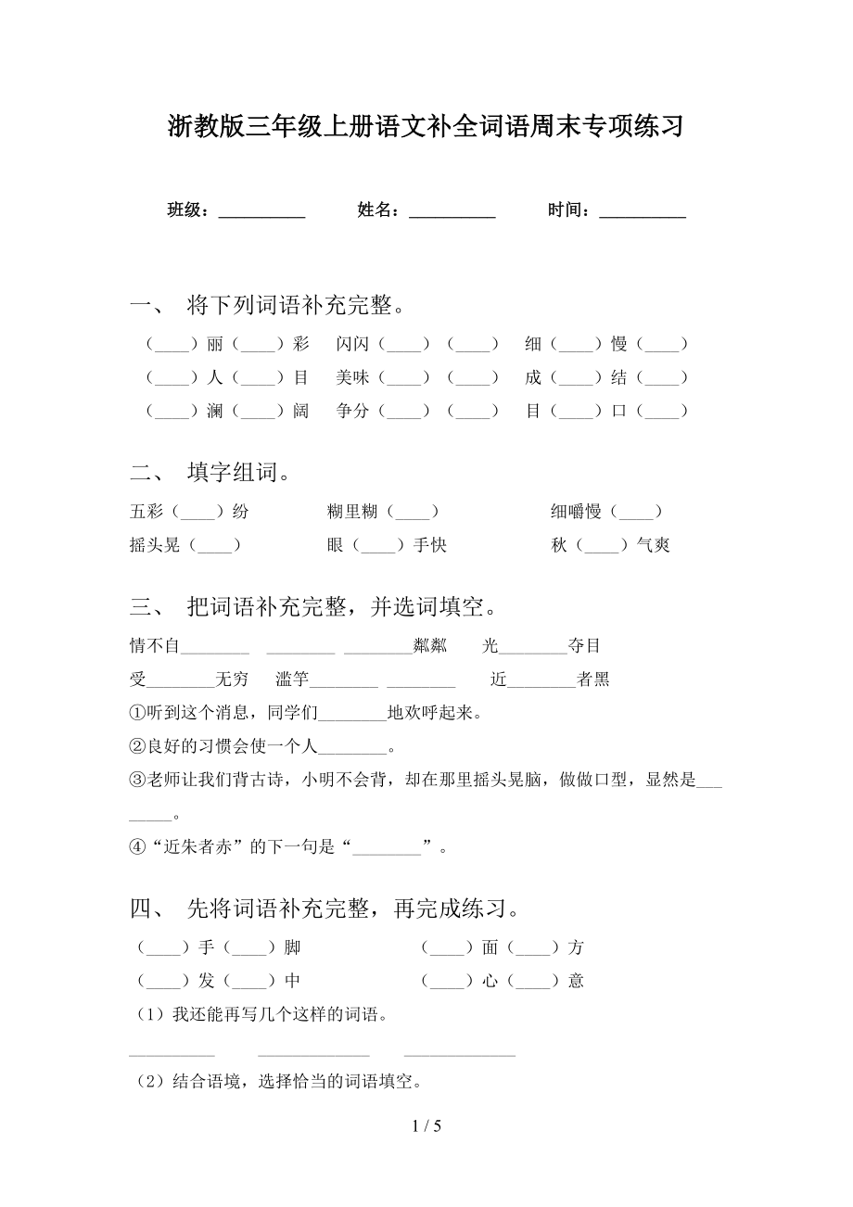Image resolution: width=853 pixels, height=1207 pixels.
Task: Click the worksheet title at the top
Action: pyautogui.click(x=426, y=125)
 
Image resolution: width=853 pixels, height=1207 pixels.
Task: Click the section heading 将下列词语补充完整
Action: pyautogui.click(x=295, y=305)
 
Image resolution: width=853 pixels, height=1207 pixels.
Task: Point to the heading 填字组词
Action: pyautogui.click(x=238, y=473)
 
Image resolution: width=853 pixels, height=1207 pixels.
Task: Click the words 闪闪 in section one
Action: pyautogui.click(x=352, y=345)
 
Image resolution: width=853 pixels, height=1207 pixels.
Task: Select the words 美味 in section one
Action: pyautogui.click(x=352, y=378)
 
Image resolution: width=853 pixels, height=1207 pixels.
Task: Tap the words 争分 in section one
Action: pyautogui.click(x=352, y=412)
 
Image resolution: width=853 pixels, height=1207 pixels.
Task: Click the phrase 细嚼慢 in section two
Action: pyautogui.click(x=576, y=512)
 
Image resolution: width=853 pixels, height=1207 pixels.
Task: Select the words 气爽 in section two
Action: pyautogui.click(x=653, y=545)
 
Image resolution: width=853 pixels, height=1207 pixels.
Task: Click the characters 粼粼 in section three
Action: pyautogui.click(x=429, y=646)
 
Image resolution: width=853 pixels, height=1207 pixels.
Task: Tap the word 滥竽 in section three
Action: pyautogui.click(x=292, y=680)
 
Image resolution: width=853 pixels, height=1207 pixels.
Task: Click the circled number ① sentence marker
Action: pyautogui.click(x=138, y=713)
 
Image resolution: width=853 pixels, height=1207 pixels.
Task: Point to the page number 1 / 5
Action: pyautogui.click(x=426, y=1127)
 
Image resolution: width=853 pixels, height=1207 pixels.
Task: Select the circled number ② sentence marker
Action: pyautogui.click(x=138, y=746)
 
